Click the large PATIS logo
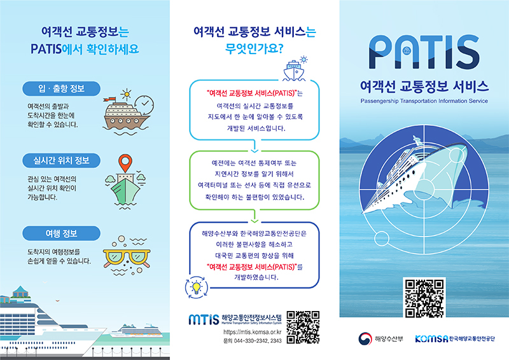click(x=424, y=52)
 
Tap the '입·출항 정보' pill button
click(x=61, y=88)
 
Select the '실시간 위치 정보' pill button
click(x=61, y=160)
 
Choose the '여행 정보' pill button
click(x=61, y=233)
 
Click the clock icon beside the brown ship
click(x=144, y=104)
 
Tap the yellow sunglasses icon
click(x=127, y=258)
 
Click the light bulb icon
click(x=196, y=287)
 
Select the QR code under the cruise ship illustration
click(x=424, y=298)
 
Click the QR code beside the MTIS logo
click(x=303, y=327)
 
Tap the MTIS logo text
click(x=204, y=319)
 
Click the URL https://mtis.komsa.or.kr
click(x=252, y=332)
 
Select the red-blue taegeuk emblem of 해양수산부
click(x=365, y=339)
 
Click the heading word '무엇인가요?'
click(x=254, y=49)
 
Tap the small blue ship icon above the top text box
click(x=294, y=71)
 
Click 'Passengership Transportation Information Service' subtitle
click(x=424, y=101)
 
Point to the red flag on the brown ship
click(x=111, y=99)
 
